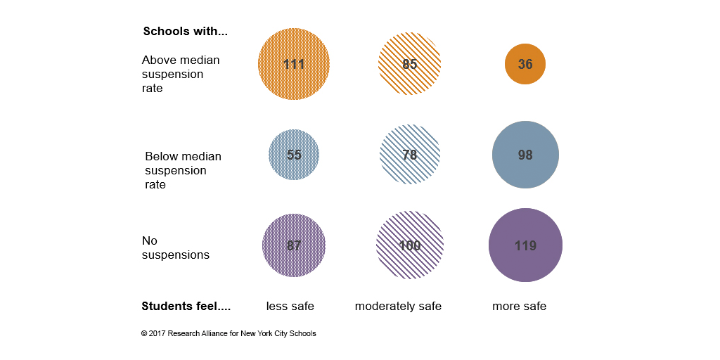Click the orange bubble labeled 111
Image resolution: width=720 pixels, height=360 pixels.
[294, 64]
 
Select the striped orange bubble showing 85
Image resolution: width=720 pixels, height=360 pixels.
[410, 64]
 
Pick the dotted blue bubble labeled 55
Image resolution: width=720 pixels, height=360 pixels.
[294, 155]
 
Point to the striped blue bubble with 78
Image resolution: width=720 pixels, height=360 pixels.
[410, 155]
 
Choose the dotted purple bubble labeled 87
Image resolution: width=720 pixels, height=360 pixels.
[294, 245]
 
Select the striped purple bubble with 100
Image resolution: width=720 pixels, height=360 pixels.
[410, 245]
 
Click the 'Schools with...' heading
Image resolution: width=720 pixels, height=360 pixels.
[186, 32]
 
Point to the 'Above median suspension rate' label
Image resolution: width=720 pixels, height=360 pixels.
[181, 74]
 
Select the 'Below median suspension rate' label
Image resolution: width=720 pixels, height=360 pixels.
[183, 170]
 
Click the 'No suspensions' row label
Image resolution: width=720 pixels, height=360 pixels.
[176, 247]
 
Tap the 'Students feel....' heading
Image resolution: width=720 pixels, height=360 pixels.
[186, 306]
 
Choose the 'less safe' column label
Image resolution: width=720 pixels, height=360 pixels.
[290, 306]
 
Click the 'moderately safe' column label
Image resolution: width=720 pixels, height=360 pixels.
[398, 306]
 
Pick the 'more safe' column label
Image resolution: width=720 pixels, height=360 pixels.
[519, 306]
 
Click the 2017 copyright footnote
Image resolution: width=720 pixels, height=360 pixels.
[229, 333]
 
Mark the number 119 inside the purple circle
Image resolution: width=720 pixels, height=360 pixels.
[525, 245]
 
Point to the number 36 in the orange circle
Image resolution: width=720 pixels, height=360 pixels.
[525, 64]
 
